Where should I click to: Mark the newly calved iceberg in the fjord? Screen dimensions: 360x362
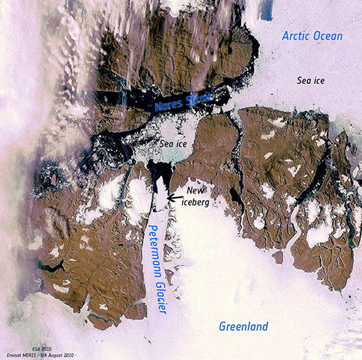(162, 196)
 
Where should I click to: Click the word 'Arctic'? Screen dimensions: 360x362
(294, 36)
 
